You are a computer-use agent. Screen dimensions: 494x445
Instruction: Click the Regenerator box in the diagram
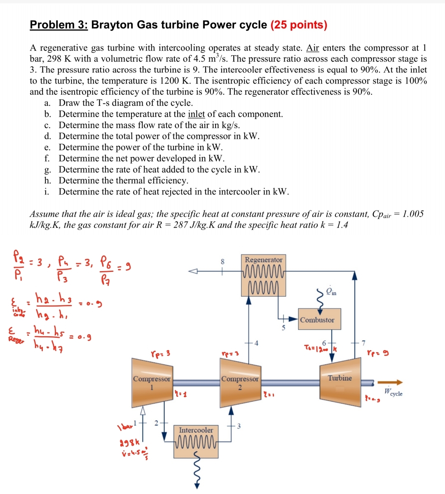[x=264, y=275]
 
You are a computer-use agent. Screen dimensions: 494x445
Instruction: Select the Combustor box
[x=317, y=319]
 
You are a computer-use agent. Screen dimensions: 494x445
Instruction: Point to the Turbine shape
[x=340, y=379]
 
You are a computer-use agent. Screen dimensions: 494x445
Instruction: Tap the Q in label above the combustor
[x=331, y=292]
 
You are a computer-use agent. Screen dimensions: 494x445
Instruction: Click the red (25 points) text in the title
[x=299, y=25]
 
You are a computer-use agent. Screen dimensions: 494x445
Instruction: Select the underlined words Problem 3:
[x=59, y=25]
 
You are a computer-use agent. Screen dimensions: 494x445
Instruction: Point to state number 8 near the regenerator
[x=223, y=261]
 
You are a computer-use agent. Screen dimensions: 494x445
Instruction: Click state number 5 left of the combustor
[x=283, y=328]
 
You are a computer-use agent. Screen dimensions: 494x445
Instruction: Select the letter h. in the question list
[x=48, y=180]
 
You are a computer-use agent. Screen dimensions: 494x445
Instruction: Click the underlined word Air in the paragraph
[x=313, y=48]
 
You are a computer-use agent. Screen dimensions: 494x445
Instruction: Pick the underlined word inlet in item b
[x=196, y=114]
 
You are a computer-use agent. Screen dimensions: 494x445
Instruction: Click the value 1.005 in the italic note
[x=413, y=214]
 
